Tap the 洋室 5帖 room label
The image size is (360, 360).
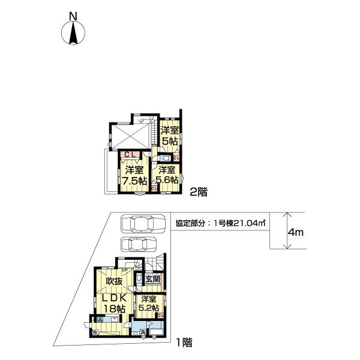click(x=169, y=135)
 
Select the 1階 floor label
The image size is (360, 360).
click(x=184, y=344)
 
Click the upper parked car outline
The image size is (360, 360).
click(x=142, y=223)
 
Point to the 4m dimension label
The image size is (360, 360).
click(x=295, y=231)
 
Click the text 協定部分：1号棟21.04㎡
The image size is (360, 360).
click(x=221, y=223)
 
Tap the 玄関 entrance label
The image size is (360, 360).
click(x=153, y=279)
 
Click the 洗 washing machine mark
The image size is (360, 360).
click(x=143, y=332)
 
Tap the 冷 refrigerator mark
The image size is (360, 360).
click(x=94, y=332)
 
